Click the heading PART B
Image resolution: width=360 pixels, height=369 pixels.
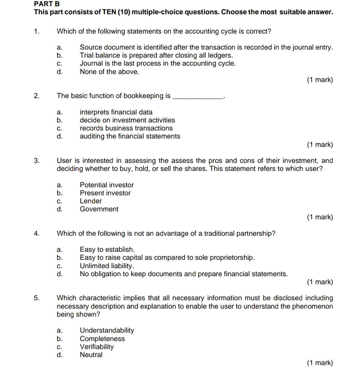[x=47, y=4]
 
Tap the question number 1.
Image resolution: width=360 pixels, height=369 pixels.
[x=36, y=31]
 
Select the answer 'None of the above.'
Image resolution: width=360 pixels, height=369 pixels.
[x=109, y=72]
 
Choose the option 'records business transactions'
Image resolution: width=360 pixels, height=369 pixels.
[x=126, y=128]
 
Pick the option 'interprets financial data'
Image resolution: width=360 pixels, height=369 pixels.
[x=116, y=112]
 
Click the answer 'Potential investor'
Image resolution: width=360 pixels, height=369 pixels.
[x=107, y=185]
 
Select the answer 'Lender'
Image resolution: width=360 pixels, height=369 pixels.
[x=91, y=201]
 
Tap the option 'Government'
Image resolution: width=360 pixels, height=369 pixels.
[x=99, y=209]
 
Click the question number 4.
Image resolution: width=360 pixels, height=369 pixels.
[x=36, y=234]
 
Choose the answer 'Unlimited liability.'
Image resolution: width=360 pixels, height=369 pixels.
[x=107, y=266]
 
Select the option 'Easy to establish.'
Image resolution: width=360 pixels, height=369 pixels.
[x=107, y=250]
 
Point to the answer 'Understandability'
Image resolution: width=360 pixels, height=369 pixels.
[x=107, y=330]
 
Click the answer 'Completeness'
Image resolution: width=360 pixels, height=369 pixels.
[x=102, y=339]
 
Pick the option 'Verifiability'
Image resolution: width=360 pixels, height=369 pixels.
[x=96, y=347]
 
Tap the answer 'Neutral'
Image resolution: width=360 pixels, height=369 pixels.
[x=91, y=355]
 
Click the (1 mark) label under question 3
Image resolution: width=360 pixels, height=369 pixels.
[x=320, y=217]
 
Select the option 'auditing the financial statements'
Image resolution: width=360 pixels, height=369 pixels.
[x=130, y=136]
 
